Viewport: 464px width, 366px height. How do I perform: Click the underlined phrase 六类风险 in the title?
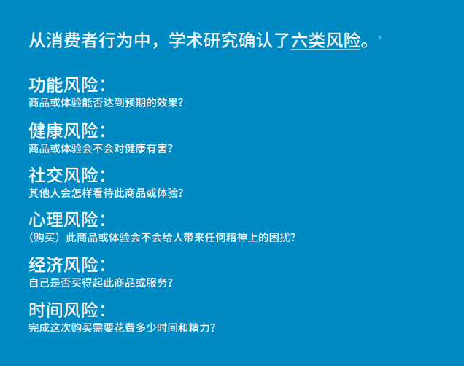click(x=326, y=39)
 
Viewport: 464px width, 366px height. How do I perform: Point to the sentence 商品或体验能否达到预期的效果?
click(x=105, y=103)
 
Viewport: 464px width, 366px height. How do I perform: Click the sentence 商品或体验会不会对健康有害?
click(x=101, y=148)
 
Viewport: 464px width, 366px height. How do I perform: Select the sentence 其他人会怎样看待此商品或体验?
click(x=105, y=193)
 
